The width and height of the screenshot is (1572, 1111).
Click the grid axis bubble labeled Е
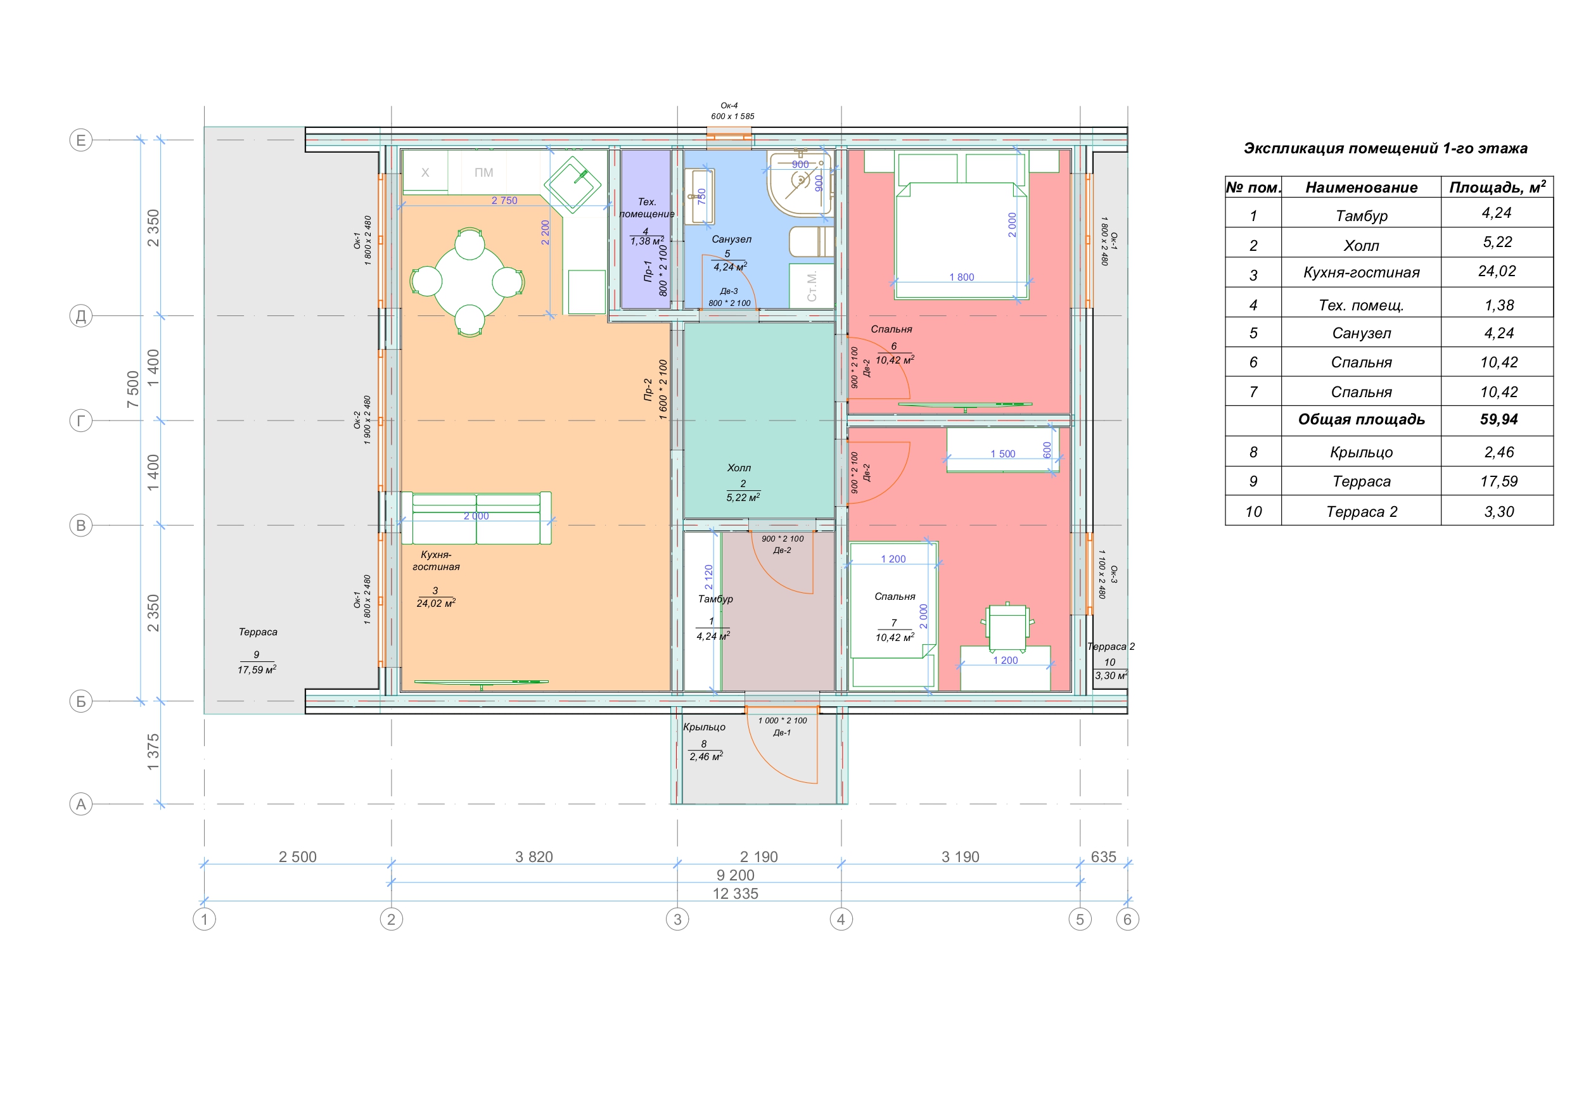pyautogui.click(x=81, y=141)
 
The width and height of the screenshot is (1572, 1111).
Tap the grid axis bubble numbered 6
pyautogui.click(x=1128, y=919)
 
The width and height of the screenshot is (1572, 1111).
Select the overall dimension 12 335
pyautogui.click(x=736, y=893)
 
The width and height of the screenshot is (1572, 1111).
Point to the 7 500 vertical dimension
pyautogui.click(x=133, y=389)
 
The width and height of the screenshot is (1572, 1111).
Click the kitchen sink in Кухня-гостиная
pyautogui.click(x=572, y=184)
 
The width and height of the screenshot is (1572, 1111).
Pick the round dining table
pyautogui.click(x=470, y=281)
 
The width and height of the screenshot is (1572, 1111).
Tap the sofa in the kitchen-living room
pyautogui.click(x=476, y=518)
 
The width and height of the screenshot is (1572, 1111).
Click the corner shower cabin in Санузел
pyautogui.click(x=800, y=184)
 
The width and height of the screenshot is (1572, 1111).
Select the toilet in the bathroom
pyautogui.click(x=811, y=241)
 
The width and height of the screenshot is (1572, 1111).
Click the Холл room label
pyautogui.click(x=739, y=468)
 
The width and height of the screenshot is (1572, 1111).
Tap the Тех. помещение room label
pyautogui.click(x=647, y=207)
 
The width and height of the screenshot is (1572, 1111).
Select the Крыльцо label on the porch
pyautogui.click(x=704, y=727)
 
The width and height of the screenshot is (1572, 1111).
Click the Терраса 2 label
pyautogui.click(x=1111, y=646)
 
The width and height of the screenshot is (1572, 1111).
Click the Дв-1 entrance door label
pyautogui.click(x=782, y=732)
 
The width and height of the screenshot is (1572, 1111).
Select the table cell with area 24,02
pyautogui.click(x=1497, y=271)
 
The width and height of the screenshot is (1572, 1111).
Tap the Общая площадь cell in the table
pyautogui.click(x=1361, y=419)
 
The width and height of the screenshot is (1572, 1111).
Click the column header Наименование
pyautogui.click(x=1361, y=187)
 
